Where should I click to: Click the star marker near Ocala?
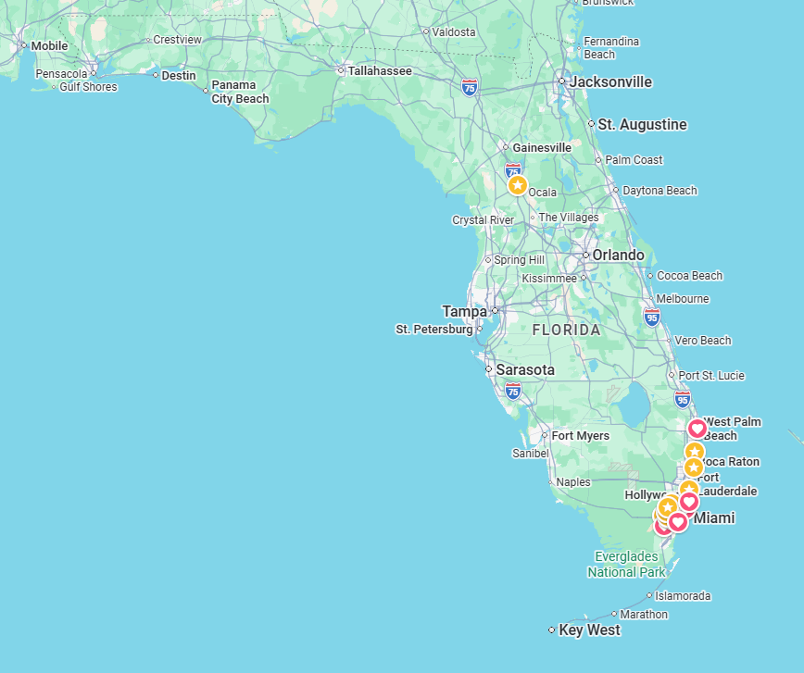click(x=518, y=185)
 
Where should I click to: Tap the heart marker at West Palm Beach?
click(x=697, y=429)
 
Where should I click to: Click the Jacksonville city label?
click(x=610, y=81)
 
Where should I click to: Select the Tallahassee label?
click(x=380, y=70)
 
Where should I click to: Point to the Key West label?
click(x=589, y=629)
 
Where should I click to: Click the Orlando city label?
click(x=618, y=255)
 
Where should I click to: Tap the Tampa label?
click(x=464, y=311)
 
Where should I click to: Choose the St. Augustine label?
click(x=642, y=124)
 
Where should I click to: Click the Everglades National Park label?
click(x=626, y=564)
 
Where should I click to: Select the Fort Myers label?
click(x=581, y=435)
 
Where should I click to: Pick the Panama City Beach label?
click(x=240, y=92)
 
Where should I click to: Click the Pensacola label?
click(x=61, y=73)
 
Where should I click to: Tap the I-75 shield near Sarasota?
click(x=513, y=391)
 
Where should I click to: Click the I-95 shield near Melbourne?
click(x=652, y=318)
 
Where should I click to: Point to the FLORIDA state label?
click(x=566, y=330)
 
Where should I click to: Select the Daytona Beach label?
click(x=660, y=191)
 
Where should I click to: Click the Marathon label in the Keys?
click(x=644, y=614)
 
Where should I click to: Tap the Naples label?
click(x=573, y=481)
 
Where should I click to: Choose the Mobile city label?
click(x=49, y=45)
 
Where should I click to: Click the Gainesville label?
click(x=542, y=147)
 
